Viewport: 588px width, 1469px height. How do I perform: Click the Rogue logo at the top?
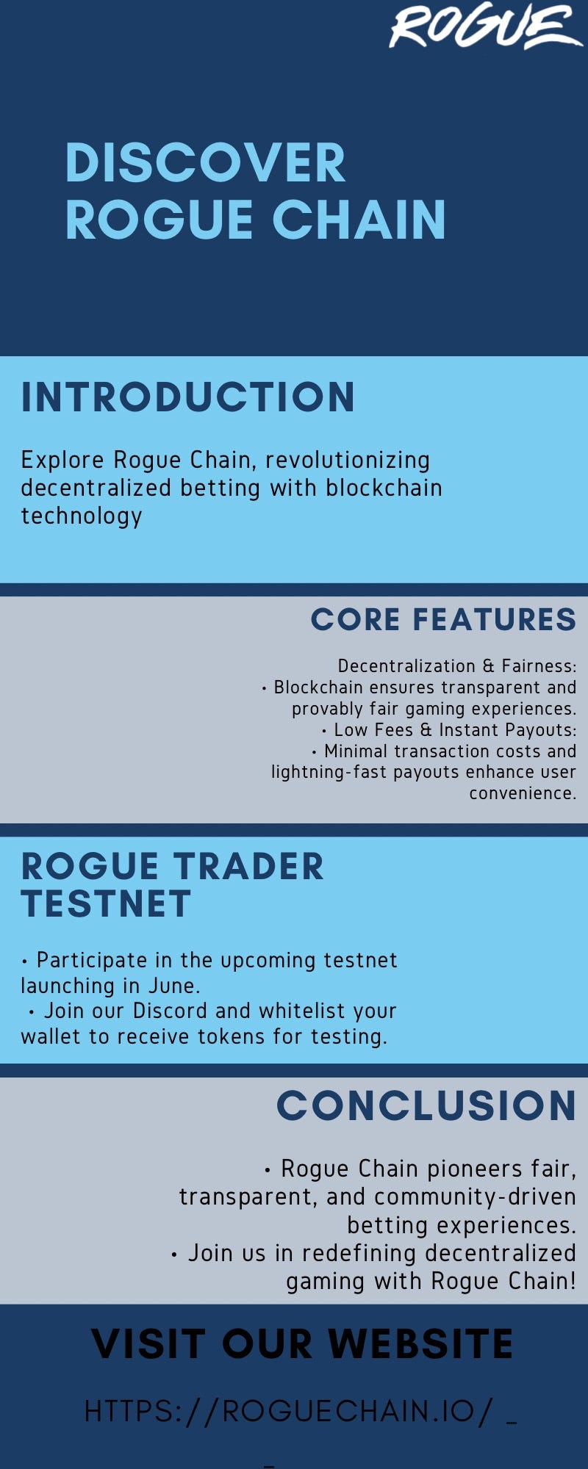tap(485, 28)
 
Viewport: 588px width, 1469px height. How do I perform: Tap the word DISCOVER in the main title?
tap(205, 163)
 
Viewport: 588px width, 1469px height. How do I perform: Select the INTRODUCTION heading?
tap(188, 397)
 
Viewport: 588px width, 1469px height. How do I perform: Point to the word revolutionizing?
tap(348, 461)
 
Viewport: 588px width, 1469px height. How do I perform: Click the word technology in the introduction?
tap(82, 516)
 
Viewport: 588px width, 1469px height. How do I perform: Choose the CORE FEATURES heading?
tap(443, 619)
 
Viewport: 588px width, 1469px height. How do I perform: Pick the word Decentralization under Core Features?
tap(406, 666)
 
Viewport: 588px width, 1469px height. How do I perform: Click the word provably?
tap(320, 709)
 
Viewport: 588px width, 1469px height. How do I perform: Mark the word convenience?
tap(523, 793)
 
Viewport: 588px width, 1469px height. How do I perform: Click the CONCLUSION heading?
tap(426, 1105)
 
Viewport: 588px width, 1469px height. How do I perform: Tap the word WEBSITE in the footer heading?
tap(420, 1344)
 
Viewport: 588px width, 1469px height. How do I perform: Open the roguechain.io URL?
tap(288, 1412)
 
